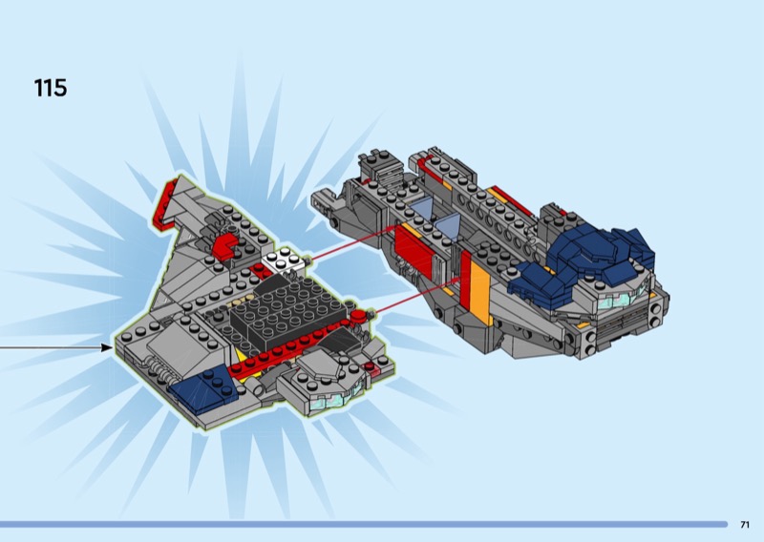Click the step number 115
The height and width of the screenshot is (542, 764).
pyautogui.click(x=51, y=88)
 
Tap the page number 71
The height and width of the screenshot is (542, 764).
pyautogui.click(x=745, y=525)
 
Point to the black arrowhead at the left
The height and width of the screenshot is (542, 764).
pyautogui.click(x=106, y=347)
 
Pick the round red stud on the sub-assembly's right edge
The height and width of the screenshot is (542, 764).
pyautogui.click(x=360, y=316)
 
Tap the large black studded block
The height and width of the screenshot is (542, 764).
pyautogui.click(x=287, y=309)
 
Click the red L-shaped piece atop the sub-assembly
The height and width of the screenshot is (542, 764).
pyautogui.click(x=224, y=245)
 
